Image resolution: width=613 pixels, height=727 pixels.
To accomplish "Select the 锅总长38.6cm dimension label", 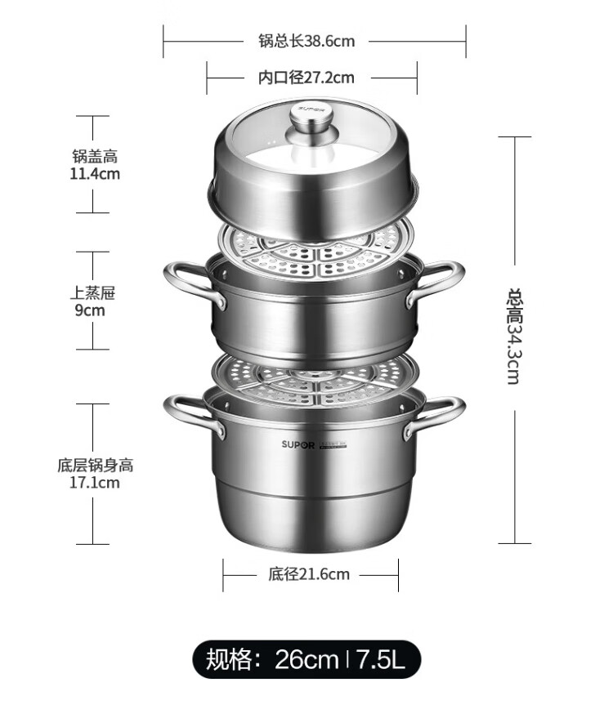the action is [306, 41].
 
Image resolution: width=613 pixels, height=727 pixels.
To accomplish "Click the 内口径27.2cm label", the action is [306, 78].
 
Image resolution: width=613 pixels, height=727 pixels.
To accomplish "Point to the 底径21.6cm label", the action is [309, 574].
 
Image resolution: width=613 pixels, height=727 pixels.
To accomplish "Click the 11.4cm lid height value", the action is [95, 174].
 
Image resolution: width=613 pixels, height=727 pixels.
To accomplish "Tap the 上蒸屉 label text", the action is [93, 292].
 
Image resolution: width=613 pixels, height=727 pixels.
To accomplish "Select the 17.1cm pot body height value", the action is [95, 483].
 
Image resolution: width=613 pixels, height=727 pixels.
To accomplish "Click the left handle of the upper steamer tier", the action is [191, 282].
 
